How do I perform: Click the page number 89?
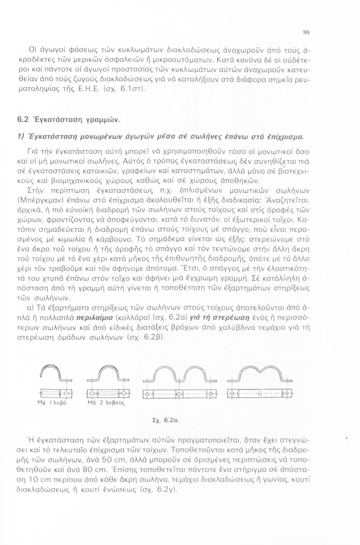(306, 33)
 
